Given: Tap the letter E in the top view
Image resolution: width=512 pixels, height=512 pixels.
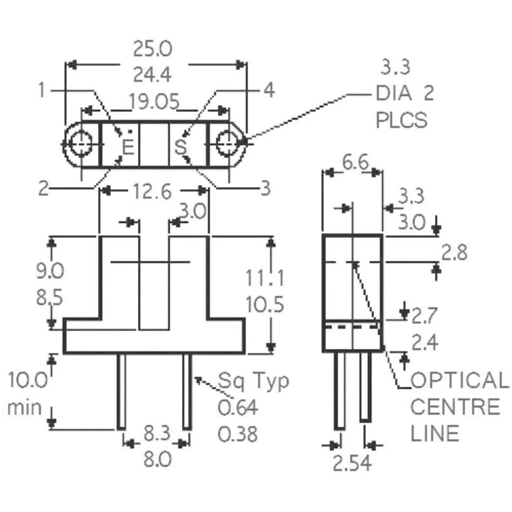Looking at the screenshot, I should (128, 147).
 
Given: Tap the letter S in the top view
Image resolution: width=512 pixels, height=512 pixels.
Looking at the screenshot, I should (180, 147).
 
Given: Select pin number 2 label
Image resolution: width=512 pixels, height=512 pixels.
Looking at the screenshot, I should (44, 188).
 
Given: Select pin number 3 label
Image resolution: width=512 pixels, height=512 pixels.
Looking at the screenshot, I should (265, 188).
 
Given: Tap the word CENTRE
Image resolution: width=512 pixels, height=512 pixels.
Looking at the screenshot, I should (455, 408).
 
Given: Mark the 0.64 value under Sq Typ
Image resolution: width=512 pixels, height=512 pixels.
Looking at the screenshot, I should (238, 408).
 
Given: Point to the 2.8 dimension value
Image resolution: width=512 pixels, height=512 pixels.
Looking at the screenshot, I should (454, 253).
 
